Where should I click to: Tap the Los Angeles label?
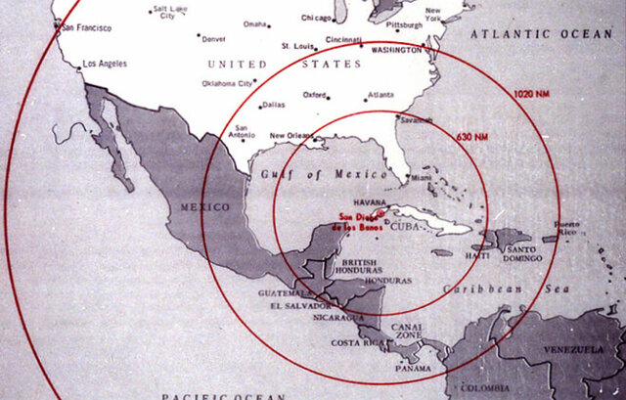tap(106, 64)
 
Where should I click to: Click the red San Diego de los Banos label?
tap(357, 222)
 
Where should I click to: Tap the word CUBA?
tap(404, 227)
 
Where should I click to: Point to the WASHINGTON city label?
tap(397, 49)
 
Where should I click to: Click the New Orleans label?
tap(291, 135)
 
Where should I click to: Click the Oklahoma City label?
tap(226, 84)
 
